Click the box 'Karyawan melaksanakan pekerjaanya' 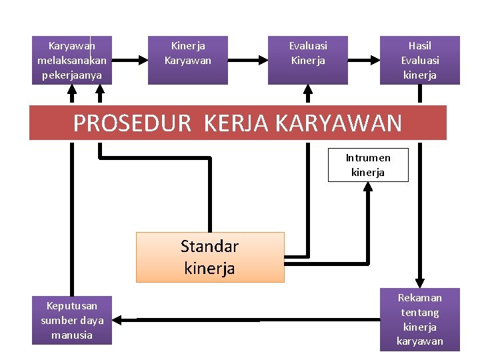72,60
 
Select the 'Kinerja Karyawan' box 188,60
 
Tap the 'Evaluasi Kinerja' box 308,60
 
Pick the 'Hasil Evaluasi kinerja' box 420,60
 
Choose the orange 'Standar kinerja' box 210,257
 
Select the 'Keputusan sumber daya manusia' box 72,320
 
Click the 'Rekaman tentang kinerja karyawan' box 420,320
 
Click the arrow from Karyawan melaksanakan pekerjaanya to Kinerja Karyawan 130,60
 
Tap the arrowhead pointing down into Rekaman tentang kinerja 420,281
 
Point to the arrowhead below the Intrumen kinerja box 368,187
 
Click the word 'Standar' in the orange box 209,247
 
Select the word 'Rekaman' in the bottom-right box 420,298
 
